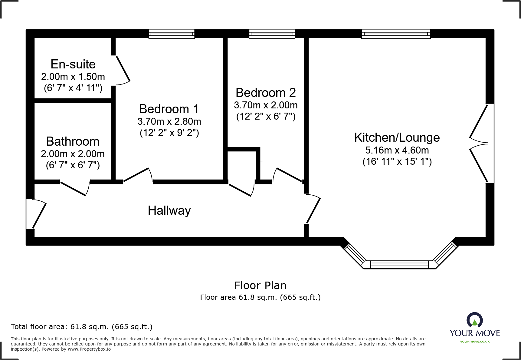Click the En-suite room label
point(73,64)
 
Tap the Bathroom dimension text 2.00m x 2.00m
point(73,154)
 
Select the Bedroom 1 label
point(169,109)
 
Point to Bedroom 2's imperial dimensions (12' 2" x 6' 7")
point(266,117)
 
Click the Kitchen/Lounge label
point(397,137)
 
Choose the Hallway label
point(169,210)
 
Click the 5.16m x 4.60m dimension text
point(397,150)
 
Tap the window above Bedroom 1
point(171,34)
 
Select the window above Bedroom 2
point(272,34)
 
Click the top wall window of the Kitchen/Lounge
point(396,34)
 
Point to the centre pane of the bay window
point(399,265)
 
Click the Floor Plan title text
point(260,285)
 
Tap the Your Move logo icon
point(474,320)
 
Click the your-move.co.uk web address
point(474,342)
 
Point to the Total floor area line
point(82,327)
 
